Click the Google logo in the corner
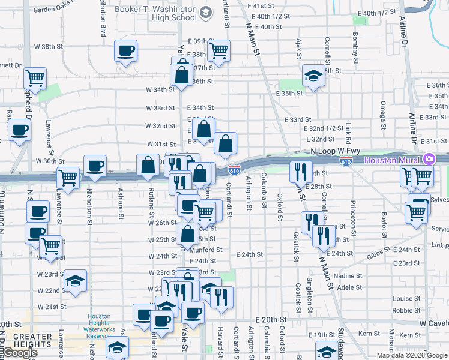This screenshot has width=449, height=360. click(19, 353)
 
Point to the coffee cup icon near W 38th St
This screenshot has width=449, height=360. click(126, 51)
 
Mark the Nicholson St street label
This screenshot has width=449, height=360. click(89, 204)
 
